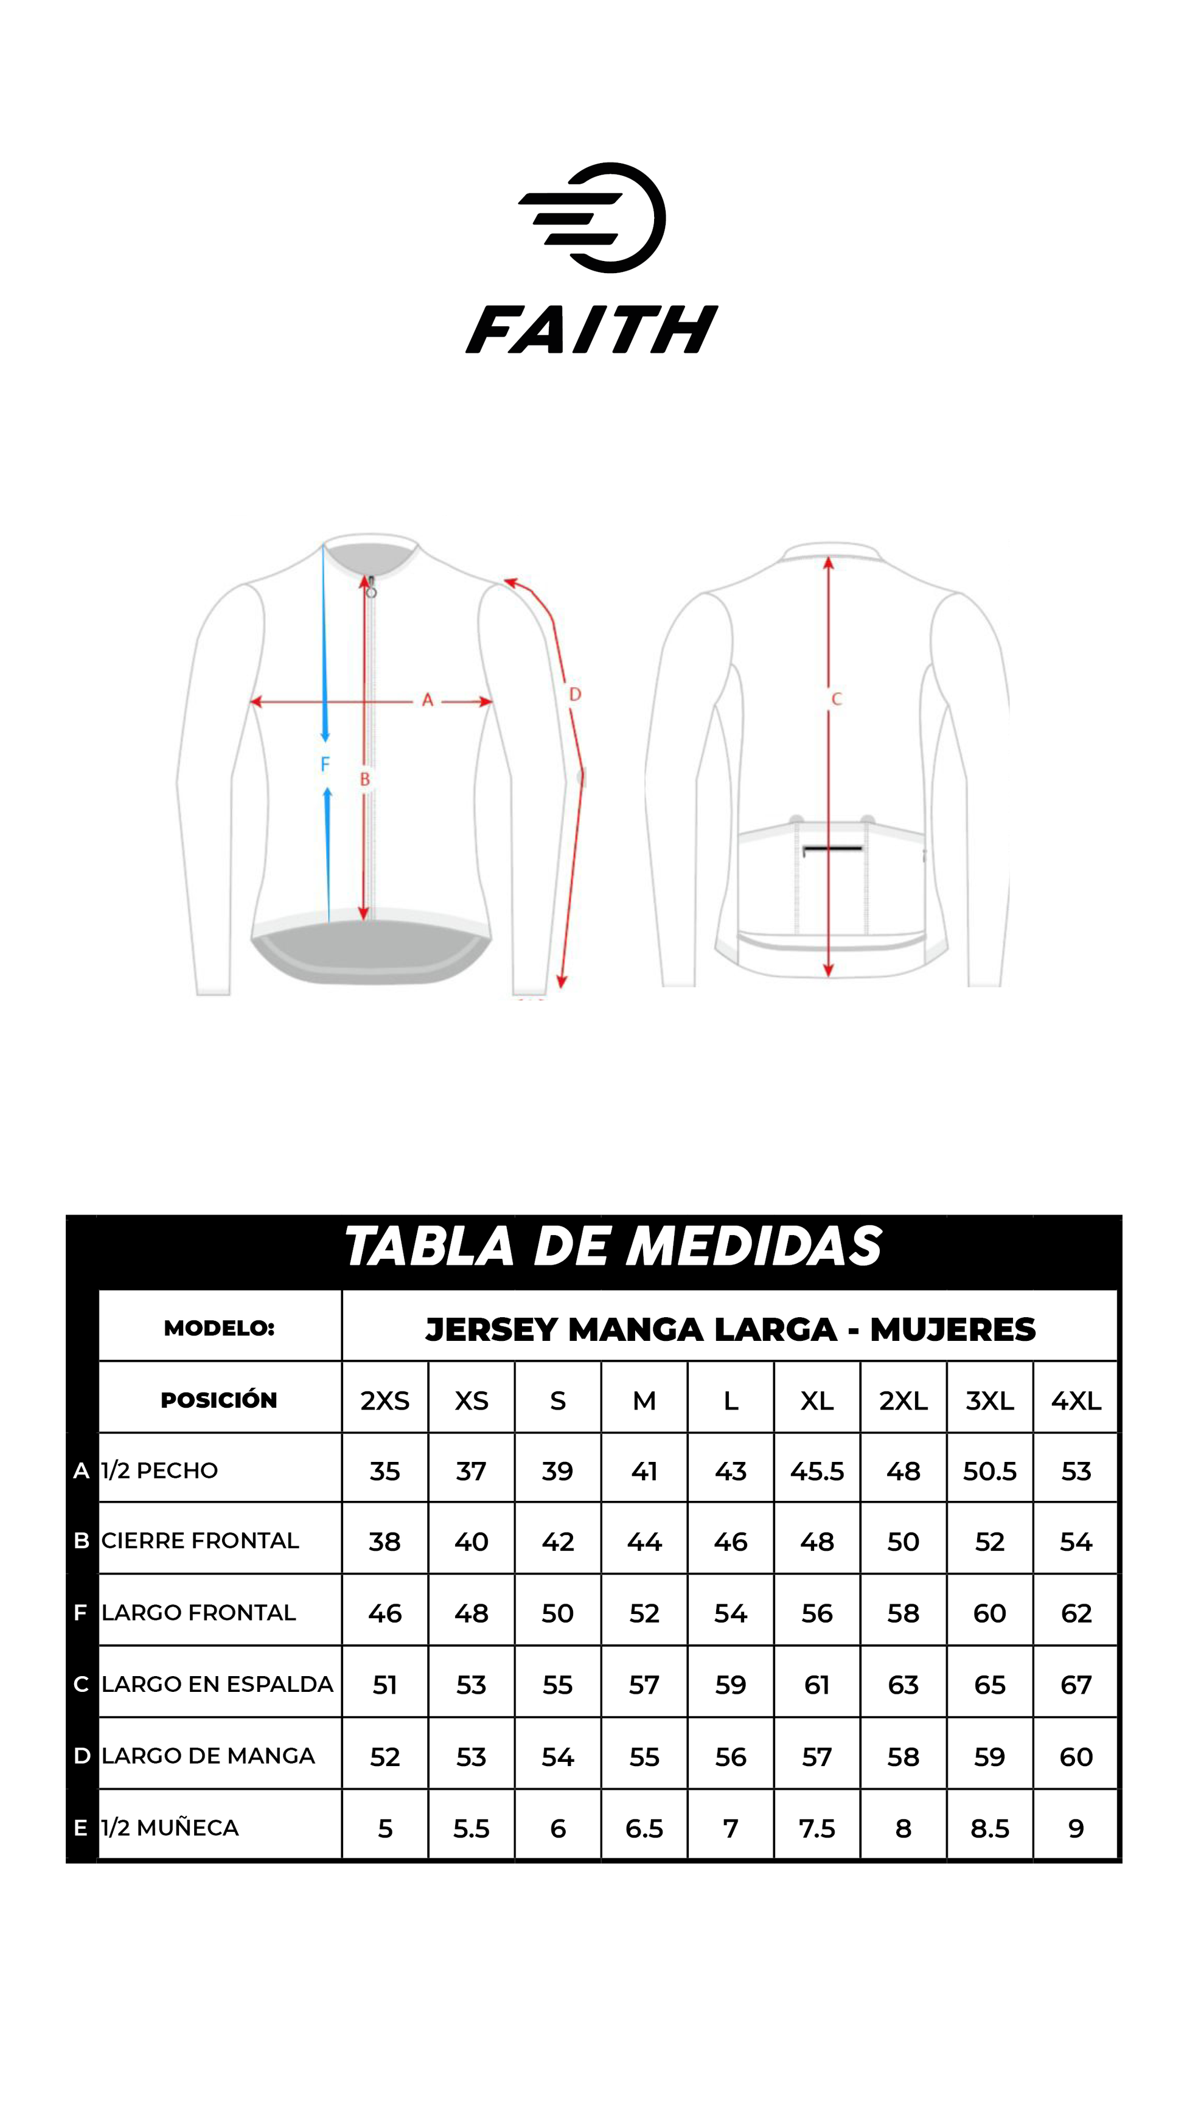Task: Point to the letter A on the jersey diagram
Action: click(x=427, y=700)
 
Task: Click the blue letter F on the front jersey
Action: click(x=326, y=764)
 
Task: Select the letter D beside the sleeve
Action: click(x=575, y=695)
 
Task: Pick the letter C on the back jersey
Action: click(x=836, y=698)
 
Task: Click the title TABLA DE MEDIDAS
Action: click(x=613, y=1247)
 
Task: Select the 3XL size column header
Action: click(x=989, y=1400)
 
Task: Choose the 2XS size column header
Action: click(x=385, y=1400)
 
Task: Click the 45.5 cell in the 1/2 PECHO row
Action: click(x=817, y=1471)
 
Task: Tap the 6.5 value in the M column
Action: click(x=644, y=1828)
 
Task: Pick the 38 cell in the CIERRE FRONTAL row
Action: click(x=385, y=1542)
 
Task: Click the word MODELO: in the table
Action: click(x=219, y=1328)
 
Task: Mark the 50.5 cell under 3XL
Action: click(x=989, y=1471)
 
